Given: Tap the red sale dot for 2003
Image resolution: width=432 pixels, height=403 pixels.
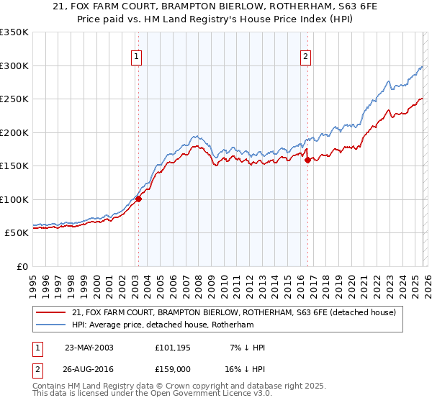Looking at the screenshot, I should (x=138, y=199).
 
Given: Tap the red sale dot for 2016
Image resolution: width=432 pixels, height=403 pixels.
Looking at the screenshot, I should (x=307, y=160).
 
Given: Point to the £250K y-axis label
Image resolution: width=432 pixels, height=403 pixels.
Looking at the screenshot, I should (x=14, y=99).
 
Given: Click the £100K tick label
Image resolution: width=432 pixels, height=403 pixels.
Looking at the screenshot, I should (x=14, y=199).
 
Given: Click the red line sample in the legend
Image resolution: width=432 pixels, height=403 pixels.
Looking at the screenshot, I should (x=51, y=313).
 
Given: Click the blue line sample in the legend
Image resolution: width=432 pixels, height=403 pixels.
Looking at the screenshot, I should (x=51, y=325).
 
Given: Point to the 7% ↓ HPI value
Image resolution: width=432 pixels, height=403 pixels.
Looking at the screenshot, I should (x=246, y=348).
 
